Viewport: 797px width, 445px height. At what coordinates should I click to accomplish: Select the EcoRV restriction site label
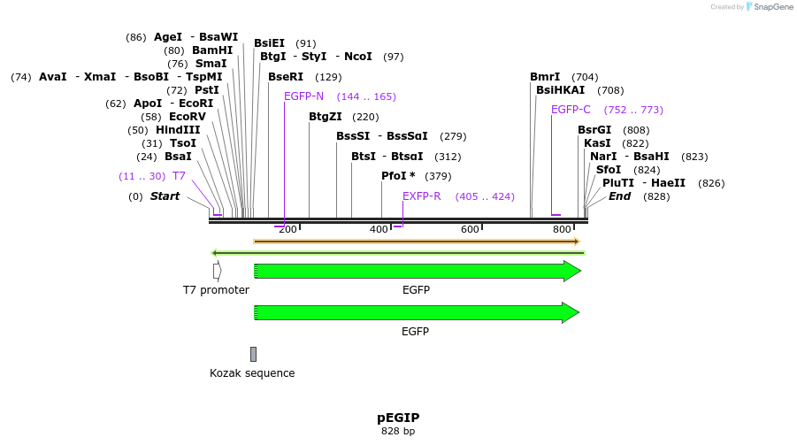[x=187, y=117]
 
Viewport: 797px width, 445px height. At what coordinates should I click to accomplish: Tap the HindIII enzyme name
[x=178, y=130]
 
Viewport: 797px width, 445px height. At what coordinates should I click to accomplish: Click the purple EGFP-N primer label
[x=303, y=96]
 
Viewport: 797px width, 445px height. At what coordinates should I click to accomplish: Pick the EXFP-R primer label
[x=421, y=196]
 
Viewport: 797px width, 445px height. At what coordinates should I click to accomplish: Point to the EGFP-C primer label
[x=571, y=110]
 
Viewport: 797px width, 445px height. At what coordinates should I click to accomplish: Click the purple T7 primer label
[x=179, y=176]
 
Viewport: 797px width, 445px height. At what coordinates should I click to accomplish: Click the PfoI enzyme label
[x=398, y=176]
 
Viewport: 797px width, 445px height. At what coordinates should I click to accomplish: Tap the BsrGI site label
[x=594, y=130]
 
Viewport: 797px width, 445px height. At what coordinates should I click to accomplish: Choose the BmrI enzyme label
[x=545, y=77]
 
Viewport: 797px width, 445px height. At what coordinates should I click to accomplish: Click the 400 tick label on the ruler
[x=379, y=230]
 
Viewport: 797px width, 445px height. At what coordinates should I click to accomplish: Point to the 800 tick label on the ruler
[x=562, y=230]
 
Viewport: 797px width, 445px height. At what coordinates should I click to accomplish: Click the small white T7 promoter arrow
[x=217, y=271]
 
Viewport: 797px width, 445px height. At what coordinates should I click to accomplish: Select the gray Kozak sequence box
[x=253, y=354]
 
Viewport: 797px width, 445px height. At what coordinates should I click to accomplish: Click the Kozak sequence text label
[x=252, y=373]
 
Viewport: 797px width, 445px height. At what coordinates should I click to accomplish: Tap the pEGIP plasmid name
[x=398, y=418]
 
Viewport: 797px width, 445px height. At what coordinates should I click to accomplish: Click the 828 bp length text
[x=398, y=432]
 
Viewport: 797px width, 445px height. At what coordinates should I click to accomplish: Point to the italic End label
[x=619, y=196]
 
